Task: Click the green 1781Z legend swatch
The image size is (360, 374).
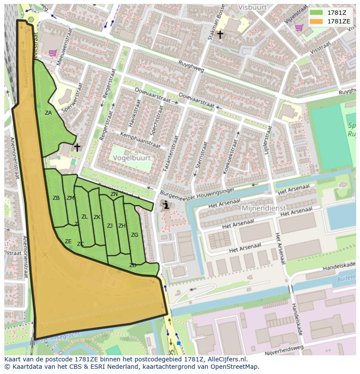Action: tap(317, 13)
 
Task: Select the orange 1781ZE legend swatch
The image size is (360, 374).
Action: tap(317, 21)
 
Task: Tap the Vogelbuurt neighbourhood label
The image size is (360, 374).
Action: tap(132, 159)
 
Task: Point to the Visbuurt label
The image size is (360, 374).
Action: tap(239, 7)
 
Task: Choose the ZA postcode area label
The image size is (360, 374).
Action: tap(48, 113)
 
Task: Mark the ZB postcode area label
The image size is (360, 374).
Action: tap(56, 198)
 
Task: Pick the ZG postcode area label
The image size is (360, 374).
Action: tap(134, 235)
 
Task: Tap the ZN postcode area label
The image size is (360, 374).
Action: tap(114, 194)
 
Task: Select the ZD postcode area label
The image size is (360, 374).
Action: tap(133, 265)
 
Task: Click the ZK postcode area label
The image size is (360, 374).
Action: tap(97, 217)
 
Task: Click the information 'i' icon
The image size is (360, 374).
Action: tap(165, 205)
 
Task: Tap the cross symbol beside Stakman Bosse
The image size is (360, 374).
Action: tap(220, 34)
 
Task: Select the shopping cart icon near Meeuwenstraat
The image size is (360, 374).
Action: tap(53, 53)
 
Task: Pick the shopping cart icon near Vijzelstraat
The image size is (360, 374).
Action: tap(299, 28)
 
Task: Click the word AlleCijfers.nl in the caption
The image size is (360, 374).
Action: tap(227, 359)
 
